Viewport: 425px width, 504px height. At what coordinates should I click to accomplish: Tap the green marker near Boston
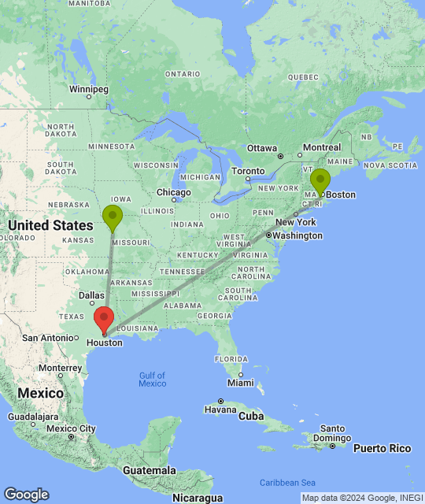point(320,181)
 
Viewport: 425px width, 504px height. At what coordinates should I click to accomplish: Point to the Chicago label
point(173,192)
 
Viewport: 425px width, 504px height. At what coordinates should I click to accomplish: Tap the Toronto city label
point(248,171)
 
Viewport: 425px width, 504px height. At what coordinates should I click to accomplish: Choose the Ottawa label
point(262,148)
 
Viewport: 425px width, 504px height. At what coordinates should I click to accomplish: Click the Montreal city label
point(321,147)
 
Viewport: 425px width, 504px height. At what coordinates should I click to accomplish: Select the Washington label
point(298,235)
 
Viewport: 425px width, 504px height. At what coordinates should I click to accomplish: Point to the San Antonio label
point(47,337)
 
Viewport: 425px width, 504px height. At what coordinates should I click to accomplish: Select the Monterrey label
point(59,368)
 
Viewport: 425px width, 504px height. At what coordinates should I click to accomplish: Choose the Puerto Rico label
point(382,448)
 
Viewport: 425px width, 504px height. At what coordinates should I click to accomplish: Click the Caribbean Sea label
point(288,483)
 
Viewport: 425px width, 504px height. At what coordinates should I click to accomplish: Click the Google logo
point(26,495)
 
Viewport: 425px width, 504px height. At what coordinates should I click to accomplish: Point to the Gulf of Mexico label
point(152,379)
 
